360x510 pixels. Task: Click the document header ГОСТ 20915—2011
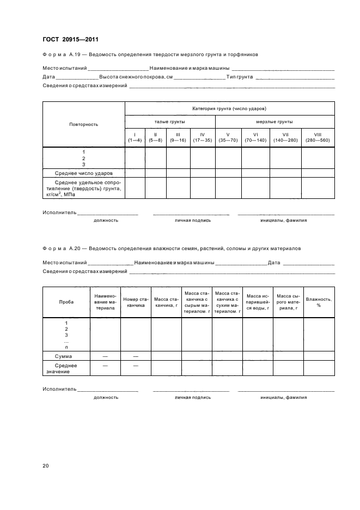pyautogui.click(x=70, y=39)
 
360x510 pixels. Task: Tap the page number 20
pyautogui.click(x=46, y=465)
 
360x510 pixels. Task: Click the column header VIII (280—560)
pyautogui.click(x=318, y=137)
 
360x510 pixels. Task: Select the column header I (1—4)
pyautogui.click(x=135, y=137)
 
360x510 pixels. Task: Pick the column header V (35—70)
pyautogui.click(x=228, y=137)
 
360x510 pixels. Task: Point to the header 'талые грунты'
pyautogui.click(x=170, y=122)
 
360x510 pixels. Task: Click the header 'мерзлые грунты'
pyautogui.click(x=274, y=122)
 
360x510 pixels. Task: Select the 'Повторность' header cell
pyautogui.click(x=83, y=124)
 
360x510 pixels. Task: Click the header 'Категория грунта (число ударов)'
pyautogui.click(x=229, y=108)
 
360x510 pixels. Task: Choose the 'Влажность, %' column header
pyautogui.click(x=319, y=302)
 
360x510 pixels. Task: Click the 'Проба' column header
pyautogui.click(x=66, y=302)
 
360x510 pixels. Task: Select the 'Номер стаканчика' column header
pyautogui.click(x=135, y=302)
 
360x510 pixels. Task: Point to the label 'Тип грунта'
pyautogui.click(x=240, y=77)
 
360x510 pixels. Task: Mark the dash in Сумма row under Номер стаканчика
pyautogui.click(x=135, y=355)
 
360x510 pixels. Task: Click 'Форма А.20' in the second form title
pyautogui.click(x=62, y=248)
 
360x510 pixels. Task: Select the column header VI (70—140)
pyautogui.click(x=255, y=137)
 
